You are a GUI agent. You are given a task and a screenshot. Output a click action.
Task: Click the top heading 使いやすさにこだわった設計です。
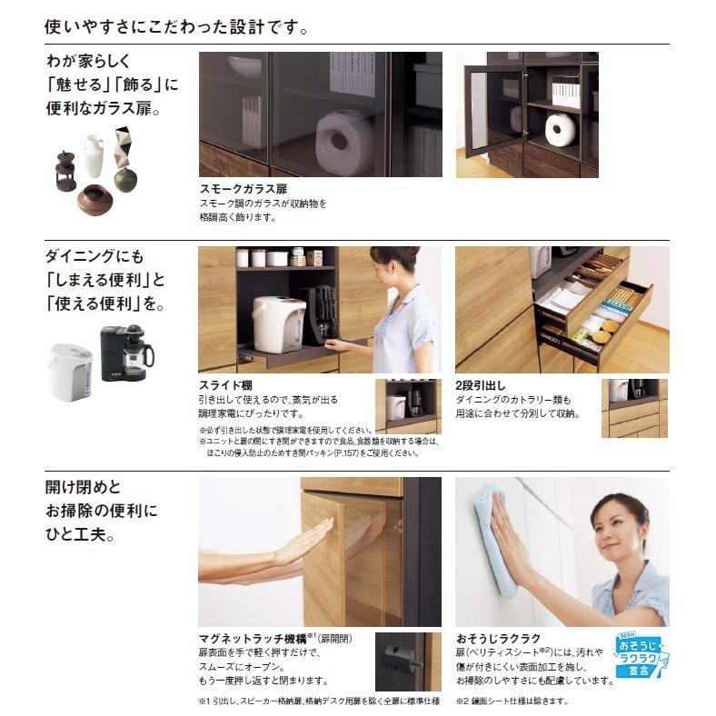(x=176, y=26)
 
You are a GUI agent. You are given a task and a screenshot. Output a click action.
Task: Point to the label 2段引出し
(x=481, y=384)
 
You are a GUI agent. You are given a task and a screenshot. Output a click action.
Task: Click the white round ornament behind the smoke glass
(x=340, y=135)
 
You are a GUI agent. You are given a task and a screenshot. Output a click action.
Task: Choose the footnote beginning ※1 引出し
(x=318, y=701)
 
